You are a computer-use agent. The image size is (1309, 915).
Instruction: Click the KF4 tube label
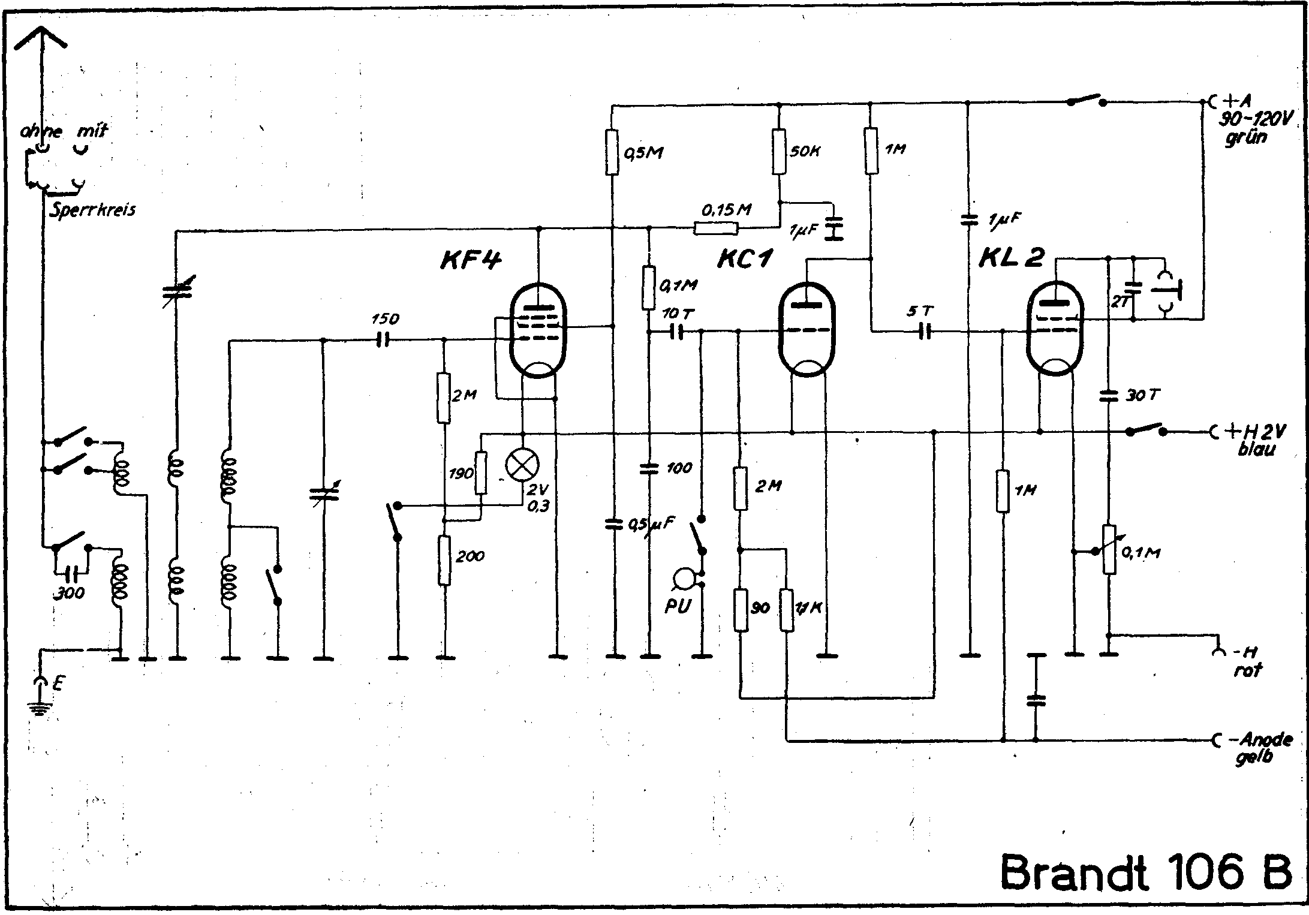coord(470,260)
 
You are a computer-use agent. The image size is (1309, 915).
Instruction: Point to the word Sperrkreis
coord(92,210)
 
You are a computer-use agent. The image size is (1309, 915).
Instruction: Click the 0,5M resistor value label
coord(643,153)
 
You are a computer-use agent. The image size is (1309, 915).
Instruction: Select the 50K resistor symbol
coord(778,152)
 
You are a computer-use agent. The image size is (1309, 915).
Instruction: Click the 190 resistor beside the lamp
coord(480,473)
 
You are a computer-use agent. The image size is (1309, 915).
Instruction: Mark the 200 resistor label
coord(470,556)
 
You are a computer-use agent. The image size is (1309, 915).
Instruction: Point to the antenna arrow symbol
coord(40,42)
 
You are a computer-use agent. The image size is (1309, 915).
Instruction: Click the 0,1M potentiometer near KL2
coord(1109,549)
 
